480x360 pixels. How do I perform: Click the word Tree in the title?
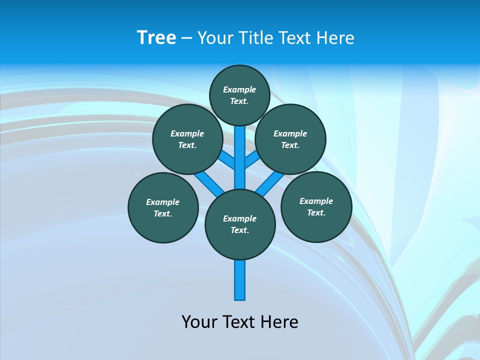coord(156,37)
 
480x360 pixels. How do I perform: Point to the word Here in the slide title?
coord(336,38)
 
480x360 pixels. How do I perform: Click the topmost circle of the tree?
coord(239,95)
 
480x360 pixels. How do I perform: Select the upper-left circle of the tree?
coord(187,139)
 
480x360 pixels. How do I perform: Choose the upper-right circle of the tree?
coord(290,139)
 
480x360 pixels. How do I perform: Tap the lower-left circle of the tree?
coord(163,207)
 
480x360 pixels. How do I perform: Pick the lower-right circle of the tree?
coord(316,206)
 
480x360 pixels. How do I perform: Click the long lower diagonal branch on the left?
coord(209,184)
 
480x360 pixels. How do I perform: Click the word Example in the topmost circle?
coord(239,89)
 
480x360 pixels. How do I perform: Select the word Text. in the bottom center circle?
coord(239,230)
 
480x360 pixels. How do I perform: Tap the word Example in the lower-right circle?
coord(316,201)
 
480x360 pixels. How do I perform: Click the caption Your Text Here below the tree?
coord(240,322)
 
